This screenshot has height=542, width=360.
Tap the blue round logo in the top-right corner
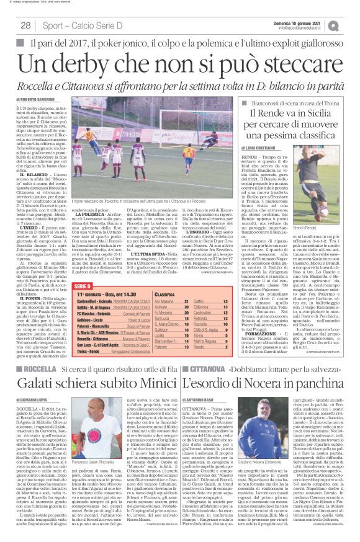click(x=351, y=25)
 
